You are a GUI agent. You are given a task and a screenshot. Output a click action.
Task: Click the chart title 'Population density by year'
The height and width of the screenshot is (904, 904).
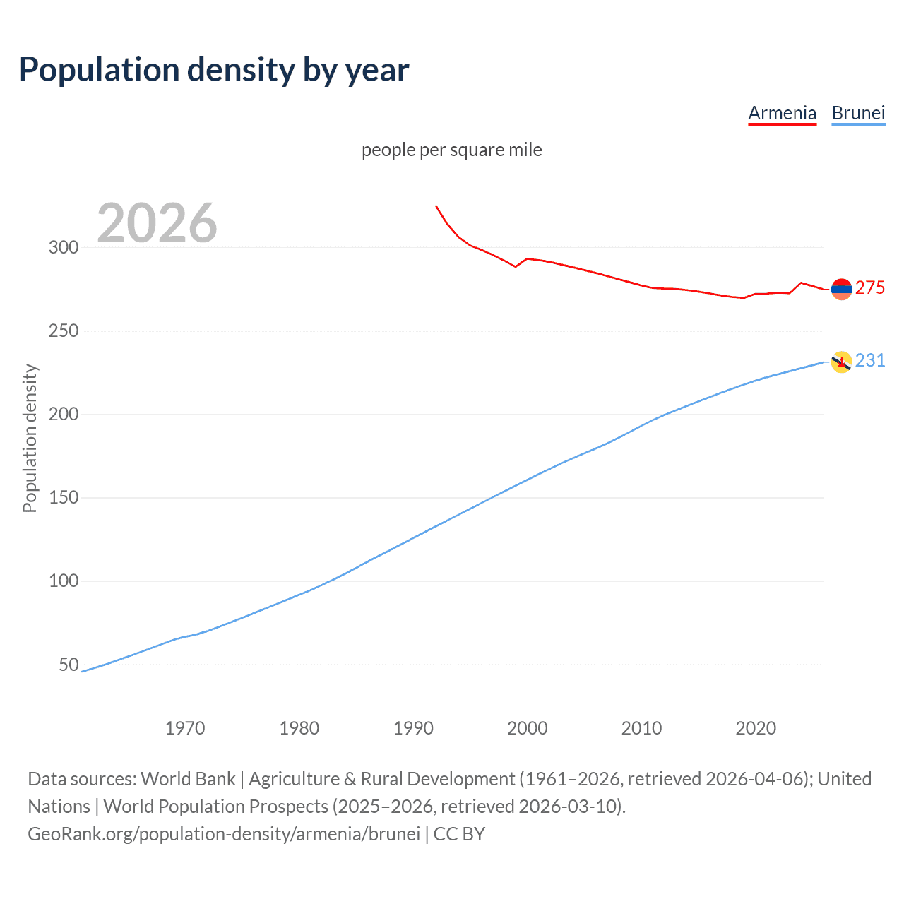click(214, 70)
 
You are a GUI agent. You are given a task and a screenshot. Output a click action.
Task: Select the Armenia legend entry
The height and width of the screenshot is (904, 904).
click(782, 113)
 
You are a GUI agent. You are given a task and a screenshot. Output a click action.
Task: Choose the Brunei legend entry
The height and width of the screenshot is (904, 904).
click(858, 113)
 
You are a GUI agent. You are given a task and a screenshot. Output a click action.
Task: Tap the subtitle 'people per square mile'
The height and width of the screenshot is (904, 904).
click(451, 150)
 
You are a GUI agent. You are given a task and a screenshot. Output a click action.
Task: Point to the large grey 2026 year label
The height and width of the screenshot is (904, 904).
click(157, 223)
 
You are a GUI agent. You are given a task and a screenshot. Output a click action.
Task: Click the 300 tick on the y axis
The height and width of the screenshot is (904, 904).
click(63, 247)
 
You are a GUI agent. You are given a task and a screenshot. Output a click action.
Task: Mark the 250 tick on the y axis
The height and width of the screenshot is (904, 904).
click(63, 331)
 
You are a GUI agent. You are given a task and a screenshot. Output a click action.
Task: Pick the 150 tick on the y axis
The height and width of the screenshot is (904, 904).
click(63, 498)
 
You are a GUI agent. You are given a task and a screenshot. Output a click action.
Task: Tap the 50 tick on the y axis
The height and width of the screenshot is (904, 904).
click(69, 665)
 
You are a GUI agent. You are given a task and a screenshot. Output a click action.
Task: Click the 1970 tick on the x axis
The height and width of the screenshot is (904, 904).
click(185, 728)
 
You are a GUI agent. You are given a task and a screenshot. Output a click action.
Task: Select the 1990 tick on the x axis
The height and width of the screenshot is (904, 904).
click(413, 728)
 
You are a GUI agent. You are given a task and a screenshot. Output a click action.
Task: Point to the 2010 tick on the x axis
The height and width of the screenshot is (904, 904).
click(641, 728)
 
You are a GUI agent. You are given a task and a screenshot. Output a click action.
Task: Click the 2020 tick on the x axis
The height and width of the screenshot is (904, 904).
click(756, 728)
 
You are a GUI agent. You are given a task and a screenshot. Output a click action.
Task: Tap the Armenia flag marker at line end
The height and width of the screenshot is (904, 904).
click(841, 289)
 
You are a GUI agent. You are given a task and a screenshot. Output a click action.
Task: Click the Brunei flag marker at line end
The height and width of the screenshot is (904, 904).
click(841, 362)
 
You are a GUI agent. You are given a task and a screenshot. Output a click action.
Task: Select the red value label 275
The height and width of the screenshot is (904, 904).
click(870, 287)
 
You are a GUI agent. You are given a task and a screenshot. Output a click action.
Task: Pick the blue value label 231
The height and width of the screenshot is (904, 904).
click(870, 360)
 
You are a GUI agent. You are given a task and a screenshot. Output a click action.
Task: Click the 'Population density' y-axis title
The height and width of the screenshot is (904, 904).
click(30, 438)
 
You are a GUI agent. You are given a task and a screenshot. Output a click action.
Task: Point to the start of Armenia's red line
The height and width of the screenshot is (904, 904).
click(436, 206)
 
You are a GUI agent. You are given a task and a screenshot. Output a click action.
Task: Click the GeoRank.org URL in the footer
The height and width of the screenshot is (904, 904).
click(224, 833)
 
